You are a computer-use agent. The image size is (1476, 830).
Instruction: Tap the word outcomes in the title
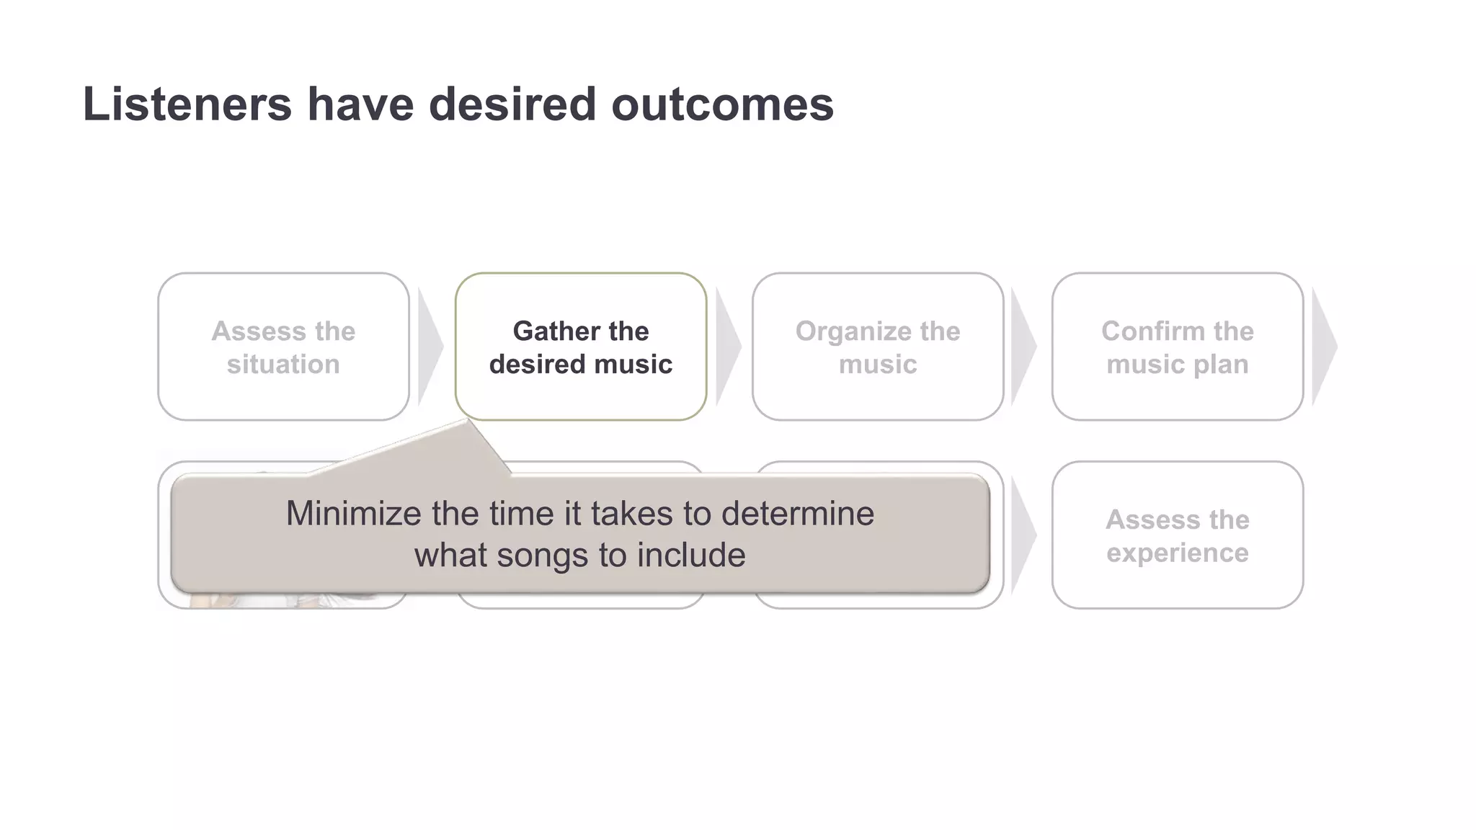(722, 104)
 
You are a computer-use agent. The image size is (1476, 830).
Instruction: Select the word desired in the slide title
(512, 104)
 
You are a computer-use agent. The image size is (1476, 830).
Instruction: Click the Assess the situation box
(283, 347)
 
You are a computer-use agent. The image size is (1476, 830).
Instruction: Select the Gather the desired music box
(581, 347)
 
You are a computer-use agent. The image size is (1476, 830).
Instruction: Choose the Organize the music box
(878, 347)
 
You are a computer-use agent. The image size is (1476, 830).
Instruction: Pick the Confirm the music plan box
(1177, 347)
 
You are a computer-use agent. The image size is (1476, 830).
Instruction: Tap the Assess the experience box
(1177, 535)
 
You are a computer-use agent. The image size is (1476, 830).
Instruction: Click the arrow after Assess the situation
(430, 347)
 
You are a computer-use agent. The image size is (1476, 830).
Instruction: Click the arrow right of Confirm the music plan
(1323, 347)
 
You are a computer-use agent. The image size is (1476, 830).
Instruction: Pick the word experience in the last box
(1177, 553)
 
